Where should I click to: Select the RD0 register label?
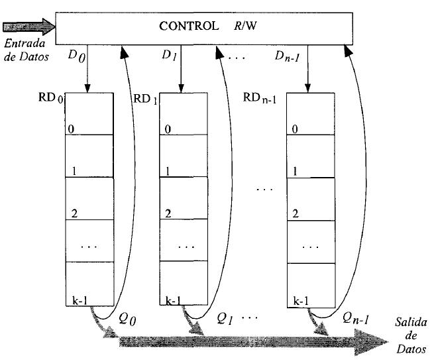[52, 100]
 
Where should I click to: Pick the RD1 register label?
[146, 100]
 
